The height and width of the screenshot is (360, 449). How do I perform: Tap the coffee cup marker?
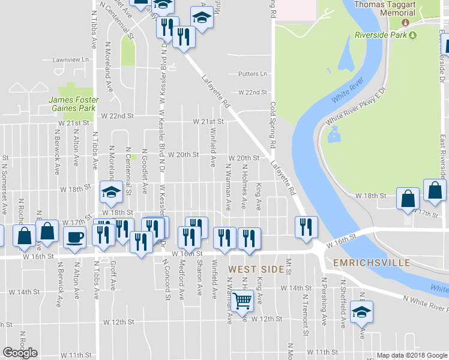pos(74,236)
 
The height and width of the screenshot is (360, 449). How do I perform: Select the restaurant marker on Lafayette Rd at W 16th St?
pos(306,227)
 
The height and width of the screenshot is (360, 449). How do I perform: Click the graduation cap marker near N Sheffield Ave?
pos(361,312)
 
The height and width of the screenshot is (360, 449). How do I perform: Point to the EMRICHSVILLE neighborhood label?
pos(368,263)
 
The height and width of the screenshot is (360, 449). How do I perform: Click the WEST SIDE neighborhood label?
pos(256,269)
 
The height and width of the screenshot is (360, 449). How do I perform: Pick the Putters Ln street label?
pos(252,74)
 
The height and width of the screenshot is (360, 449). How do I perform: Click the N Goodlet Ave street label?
pos(144,172)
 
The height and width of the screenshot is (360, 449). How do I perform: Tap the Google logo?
pos(20,353)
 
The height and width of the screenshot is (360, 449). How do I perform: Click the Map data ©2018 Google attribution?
pos(412,355)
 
